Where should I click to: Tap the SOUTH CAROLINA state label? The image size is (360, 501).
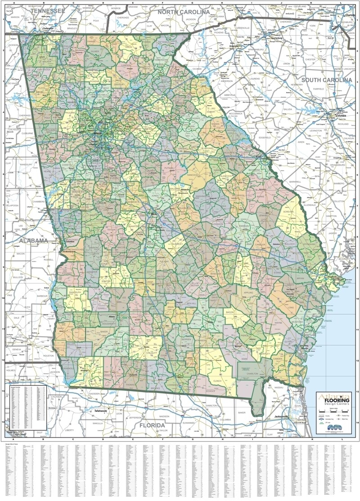tap(326, 80)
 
